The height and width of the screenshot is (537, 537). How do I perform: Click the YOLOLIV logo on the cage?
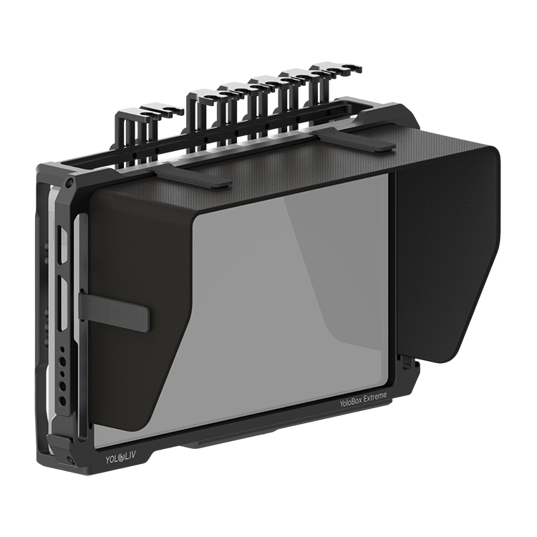pyautogui.click(x=120, y=458)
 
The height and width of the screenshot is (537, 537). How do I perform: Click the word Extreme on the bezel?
pyautogui.click(x=375, y=397)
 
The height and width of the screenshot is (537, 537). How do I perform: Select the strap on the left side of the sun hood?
pyautogui.click(x=114, y=308)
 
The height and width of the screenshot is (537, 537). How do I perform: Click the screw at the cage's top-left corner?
pyautogui.click(x=70, y=181)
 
